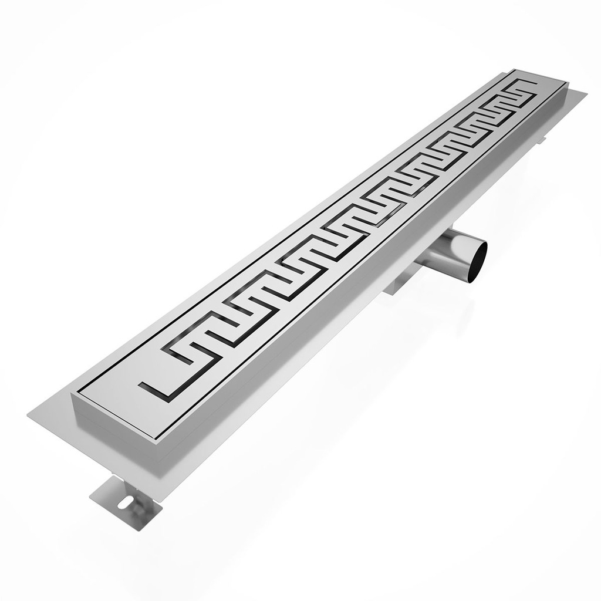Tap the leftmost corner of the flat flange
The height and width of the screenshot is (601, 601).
coord(28,415)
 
